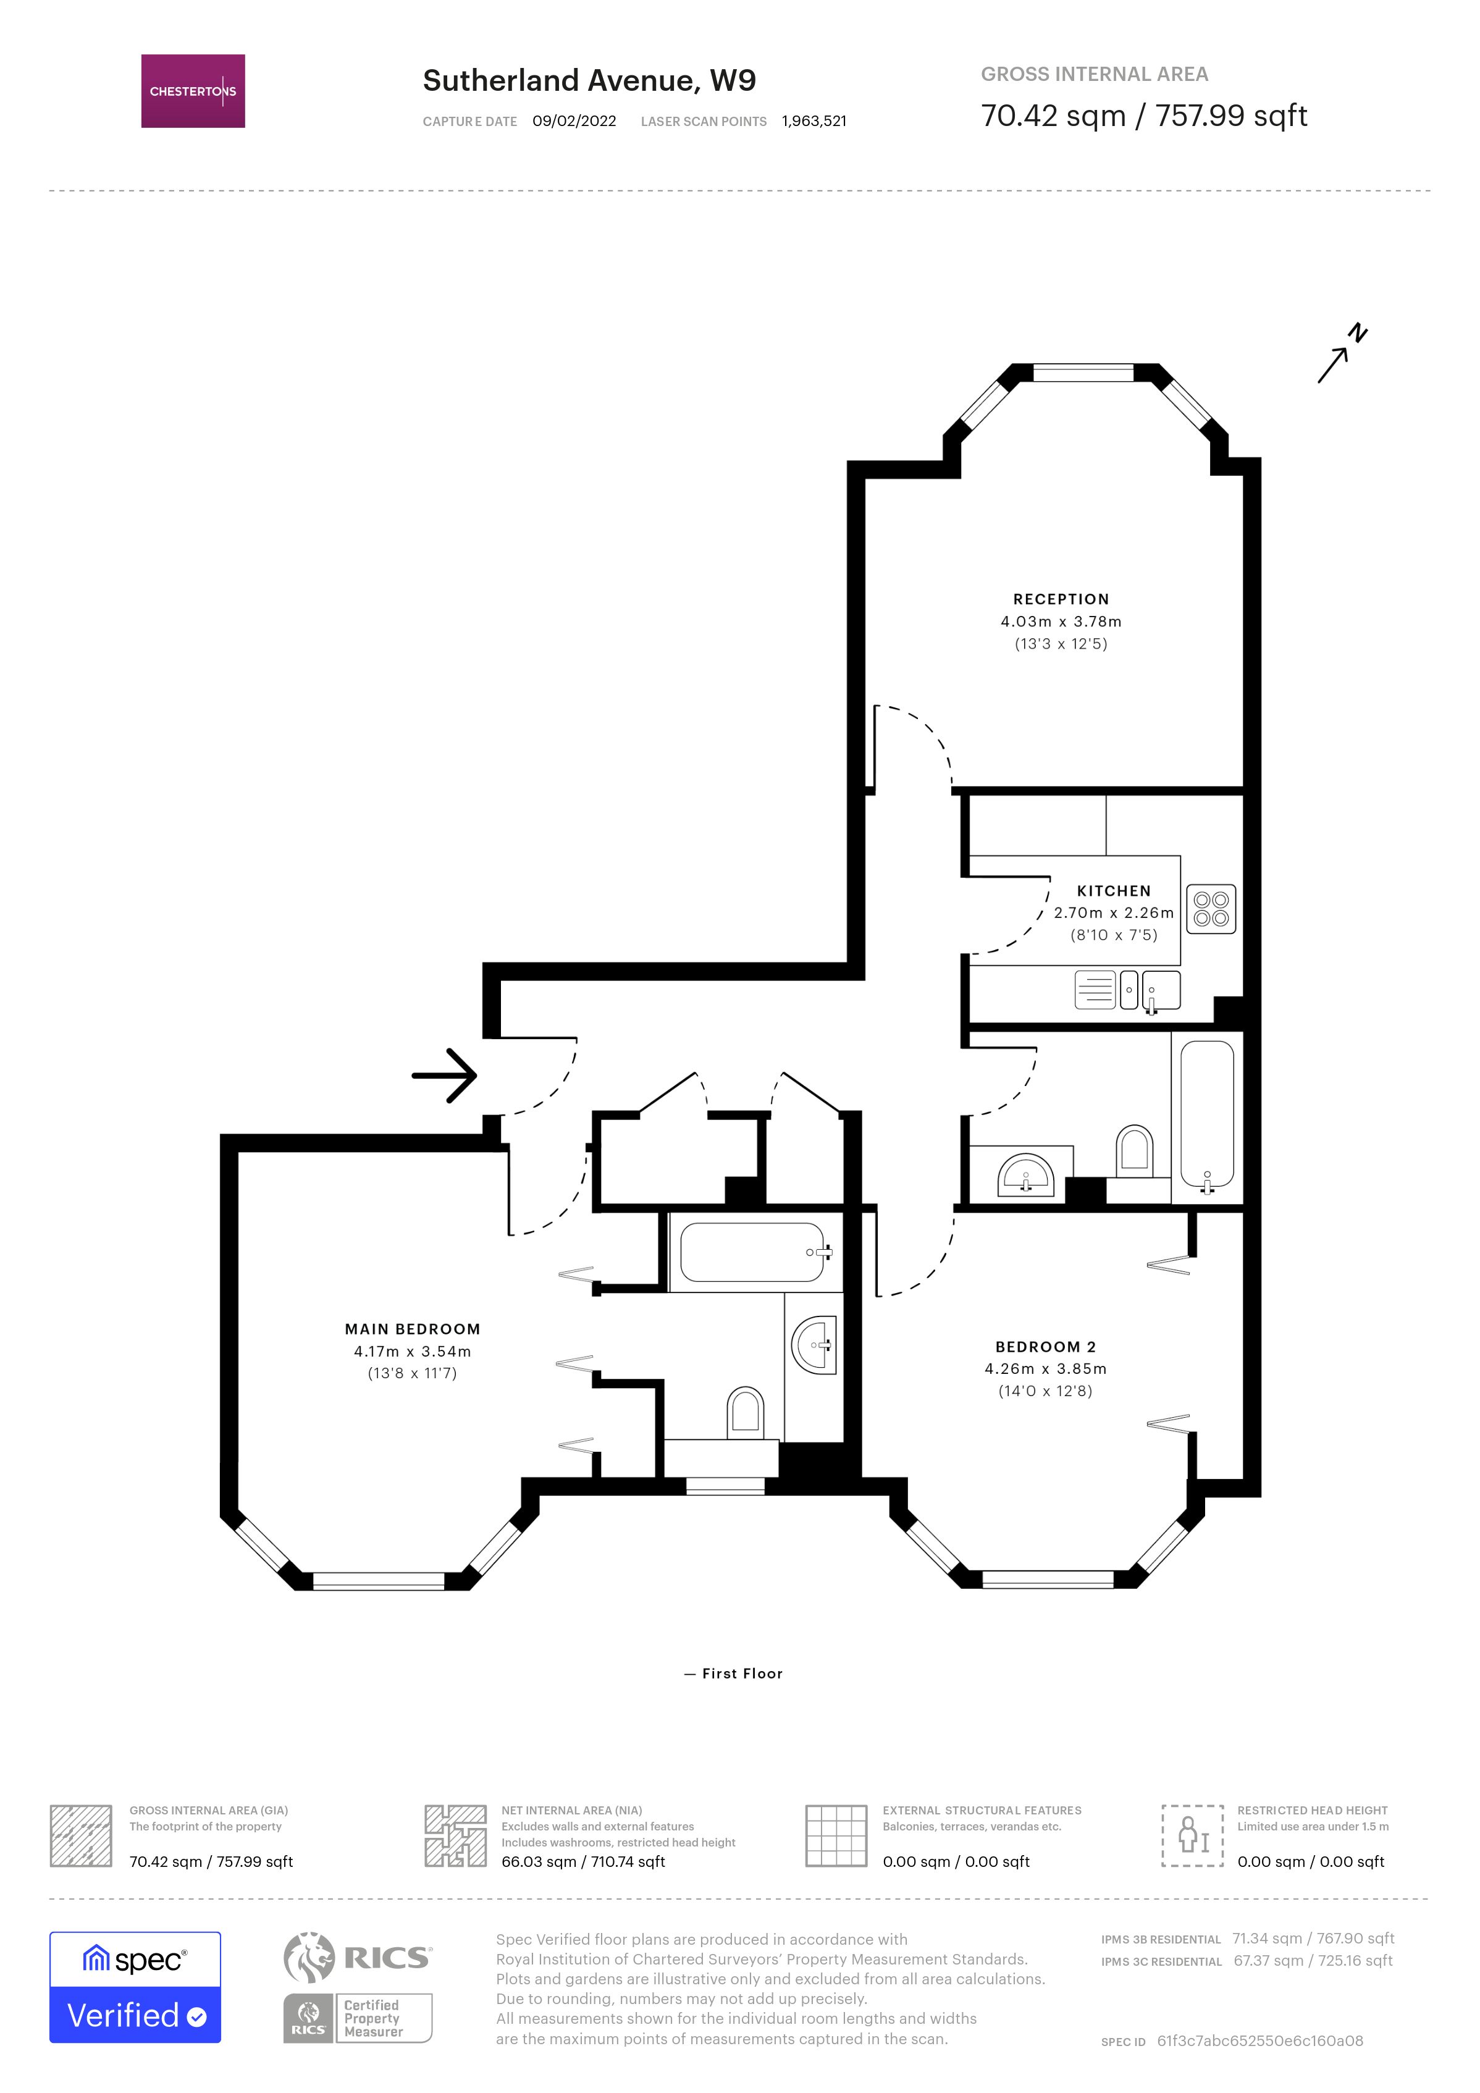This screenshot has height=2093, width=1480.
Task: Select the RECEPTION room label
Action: (x=1061, y=599)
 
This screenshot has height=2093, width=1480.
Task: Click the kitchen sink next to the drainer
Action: (x=1161, y=990)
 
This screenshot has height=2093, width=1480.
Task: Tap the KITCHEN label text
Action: (x=1114, y=891)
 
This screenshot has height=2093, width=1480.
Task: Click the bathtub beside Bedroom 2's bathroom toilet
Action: (x=1206, y=1117)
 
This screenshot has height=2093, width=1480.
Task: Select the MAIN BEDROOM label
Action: (x=412, y=1329)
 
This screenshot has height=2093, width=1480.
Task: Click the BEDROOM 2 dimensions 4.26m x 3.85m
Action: (x=1045, y=1368)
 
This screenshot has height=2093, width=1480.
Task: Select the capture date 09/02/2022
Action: (x=574, y=121)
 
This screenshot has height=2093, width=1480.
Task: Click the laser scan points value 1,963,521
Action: (x=814, y=121)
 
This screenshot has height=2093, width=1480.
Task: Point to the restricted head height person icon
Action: (x=1192, y=1835)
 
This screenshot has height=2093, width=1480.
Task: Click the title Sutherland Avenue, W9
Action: (x=589, y=80)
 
